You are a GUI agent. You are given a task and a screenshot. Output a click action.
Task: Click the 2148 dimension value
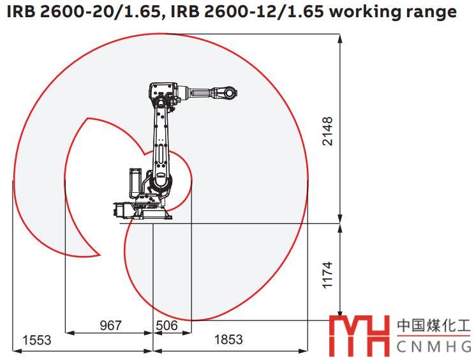point(328,131)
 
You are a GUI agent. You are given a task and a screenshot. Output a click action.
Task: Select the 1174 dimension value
point(328,274)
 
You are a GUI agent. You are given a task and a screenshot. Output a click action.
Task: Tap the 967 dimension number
point(110,325)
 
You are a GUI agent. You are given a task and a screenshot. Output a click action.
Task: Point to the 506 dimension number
point(167,326)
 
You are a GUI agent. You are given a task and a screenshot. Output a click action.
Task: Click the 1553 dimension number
point(37,340)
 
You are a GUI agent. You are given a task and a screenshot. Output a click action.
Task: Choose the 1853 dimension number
point(228,340)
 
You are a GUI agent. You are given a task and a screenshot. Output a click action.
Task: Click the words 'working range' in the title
point(393,12)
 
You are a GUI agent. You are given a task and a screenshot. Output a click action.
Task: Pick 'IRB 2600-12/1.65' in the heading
point(247,11)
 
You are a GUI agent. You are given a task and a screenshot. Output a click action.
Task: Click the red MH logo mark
point(359,336)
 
